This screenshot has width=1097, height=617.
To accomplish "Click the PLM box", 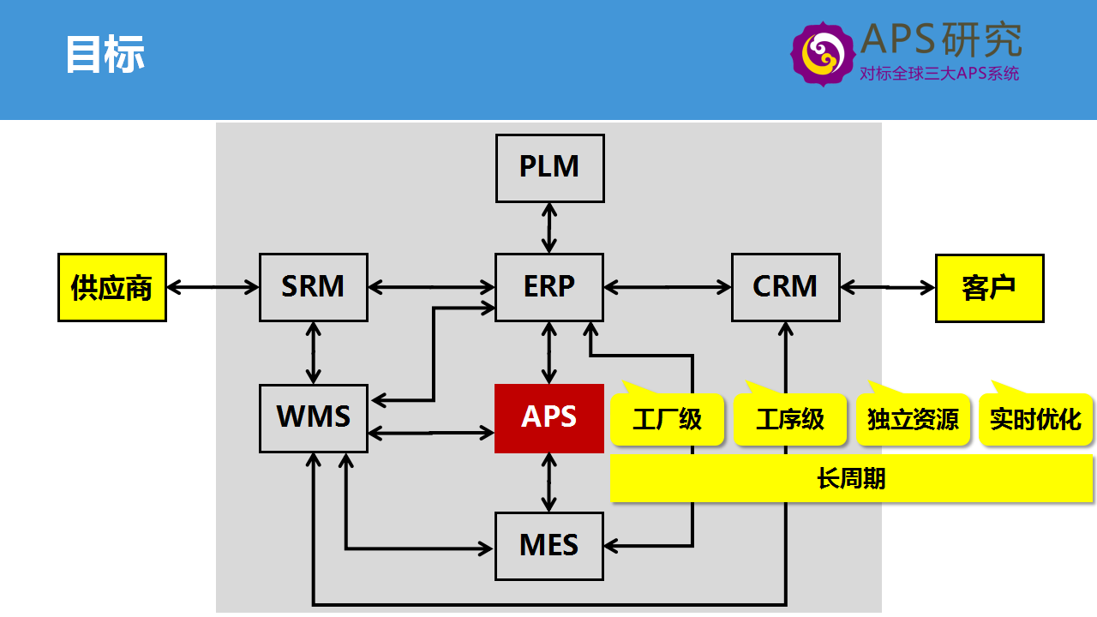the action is coord(550,168).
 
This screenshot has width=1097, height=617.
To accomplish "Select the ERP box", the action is coord(549,287).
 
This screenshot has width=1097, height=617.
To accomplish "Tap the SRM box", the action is coord(314,287).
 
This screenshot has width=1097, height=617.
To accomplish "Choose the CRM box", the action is coord(786,287).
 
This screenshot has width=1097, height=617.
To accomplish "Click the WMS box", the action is coord(314,418).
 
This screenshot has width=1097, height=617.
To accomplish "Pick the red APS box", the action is coord(549,418).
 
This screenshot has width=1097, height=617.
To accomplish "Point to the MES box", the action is coord(549,547).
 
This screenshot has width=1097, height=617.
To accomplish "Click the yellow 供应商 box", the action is coord(112,287).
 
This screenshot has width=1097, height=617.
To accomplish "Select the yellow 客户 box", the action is coord(990,288).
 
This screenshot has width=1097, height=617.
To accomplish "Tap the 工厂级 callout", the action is coord(667,419).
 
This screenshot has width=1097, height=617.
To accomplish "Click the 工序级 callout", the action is coord(790,419).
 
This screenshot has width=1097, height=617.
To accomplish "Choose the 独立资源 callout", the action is coord(913,419).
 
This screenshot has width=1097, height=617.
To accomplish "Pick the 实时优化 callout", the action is coord(1036,419).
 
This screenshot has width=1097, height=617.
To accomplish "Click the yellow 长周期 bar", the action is coord(852,478).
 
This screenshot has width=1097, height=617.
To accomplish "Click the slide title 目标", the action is coord(105,54).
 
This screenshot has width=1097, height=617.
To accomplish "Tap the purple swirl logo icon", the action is coord(823,54).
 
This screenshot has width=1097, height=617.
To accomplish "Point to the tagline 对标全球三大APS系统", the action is coord(939,74).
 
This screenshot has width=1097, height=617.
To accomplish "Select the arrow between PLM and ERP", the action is coord(549,228).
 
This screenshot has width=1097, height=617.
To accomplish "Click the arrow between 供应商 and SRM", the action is coord(213,287).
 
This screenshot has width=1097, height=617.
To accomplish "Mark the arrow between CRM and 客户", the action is coord(888,287).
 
